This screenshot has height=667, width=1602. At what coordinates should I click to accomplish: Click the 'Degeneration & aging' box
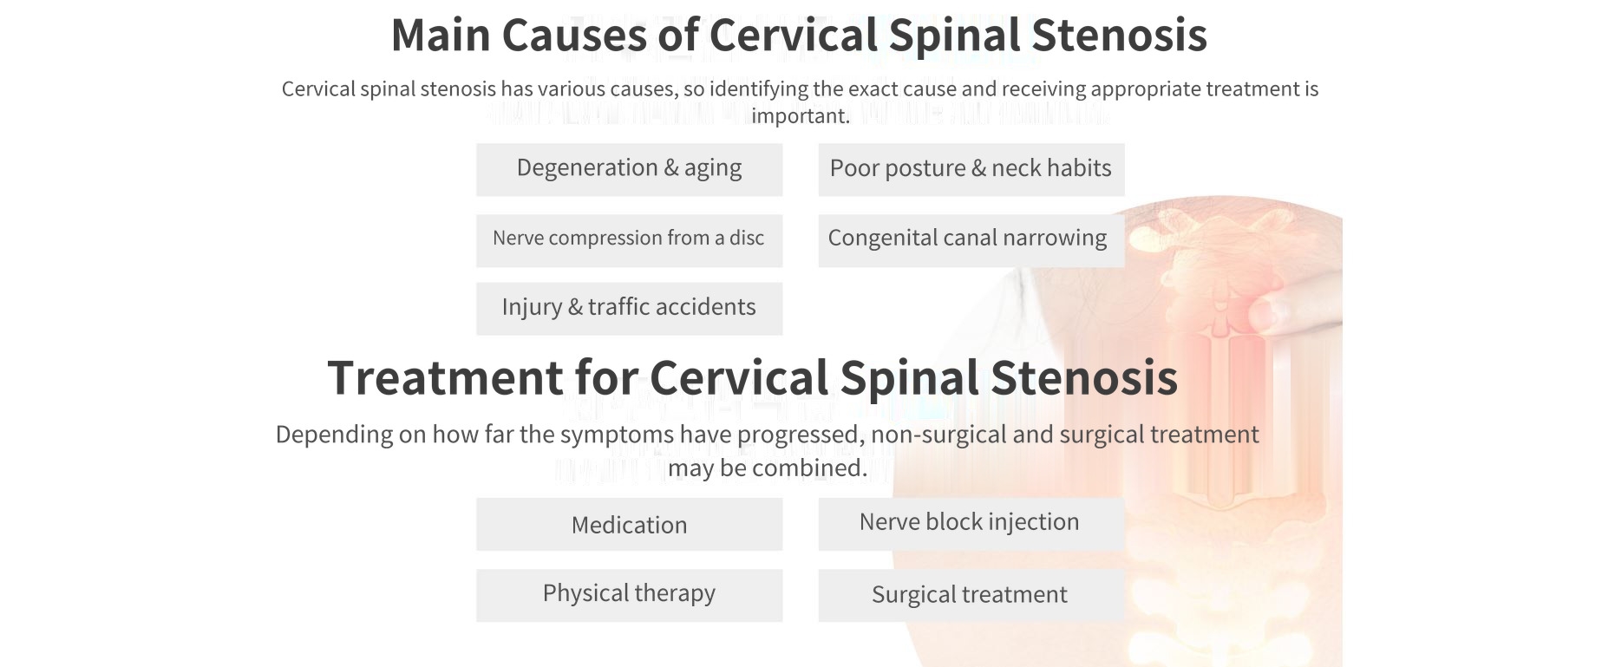coord(629,169)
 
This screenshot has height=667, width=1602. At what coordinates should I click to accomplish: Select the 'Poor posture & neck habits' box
coord(971,169)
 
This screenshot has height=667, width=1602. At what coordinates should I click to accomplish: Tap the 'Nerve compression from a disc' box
coord(629,240)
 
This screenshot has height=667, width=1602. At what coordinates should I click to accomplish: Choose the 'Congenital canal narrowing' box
coord(971,240)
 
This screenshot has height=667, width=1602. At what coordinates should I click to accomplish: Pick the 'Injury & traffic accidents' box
coord(629,308)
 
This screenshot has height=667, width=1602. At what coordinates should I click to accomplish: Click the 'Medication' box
coord(629,524)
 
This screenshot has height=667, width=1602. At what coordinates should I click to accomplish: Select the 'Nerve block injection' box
coord(971,524)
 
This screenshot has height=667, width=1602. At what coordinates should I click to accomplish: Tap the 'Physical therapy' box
coord(629,595)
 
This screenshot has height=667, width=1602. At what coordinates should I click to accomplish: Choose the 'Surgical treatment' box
coord(971,595)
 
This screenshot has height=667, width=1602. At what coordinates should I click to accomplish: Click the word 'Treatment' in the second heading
coord(445,378)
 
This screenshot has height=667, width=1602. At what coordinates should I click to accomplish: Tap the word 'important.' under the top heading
coord(801,116)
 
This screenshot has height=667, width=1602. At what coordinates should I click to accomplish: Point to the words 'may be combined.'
coord(768,468)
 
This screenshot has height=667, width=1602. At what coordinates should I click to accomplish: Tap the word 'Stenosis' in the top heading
coord(1119,36)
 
